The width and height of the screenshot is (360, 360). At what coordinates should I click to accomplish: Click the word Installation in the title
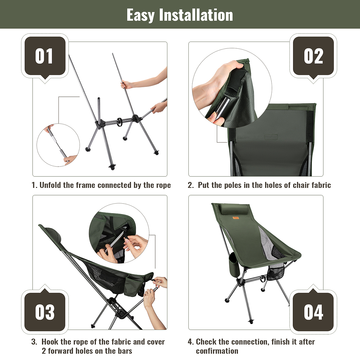click(x=196, y=15)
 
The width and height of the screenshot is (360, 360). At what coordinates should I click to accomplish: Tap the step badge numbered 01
click(x=45, y=56)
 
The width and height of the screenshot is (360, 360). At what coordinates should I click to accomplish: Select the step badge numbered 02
click(x=313, y=56)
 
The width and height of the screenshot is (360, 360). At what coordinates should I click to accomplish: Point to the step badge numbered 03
click(x=45, y=312)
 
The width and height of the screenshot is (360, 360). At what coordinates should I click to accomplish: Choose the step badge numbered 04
click(x=313, y=312)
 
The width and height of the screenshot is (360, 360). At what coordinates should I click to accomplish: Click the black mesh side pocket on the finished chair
click(x=276, y=273)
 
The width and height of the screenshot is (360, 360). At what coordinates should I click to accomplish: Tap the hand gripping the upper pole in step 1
click(x=127, y=85)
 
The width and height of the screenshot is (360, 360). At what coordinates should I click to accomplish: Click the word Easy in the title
click(x=141, y=15)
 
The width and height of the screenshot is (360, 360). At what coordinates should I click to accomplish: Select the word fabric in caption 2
click(x=321, y=185)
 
